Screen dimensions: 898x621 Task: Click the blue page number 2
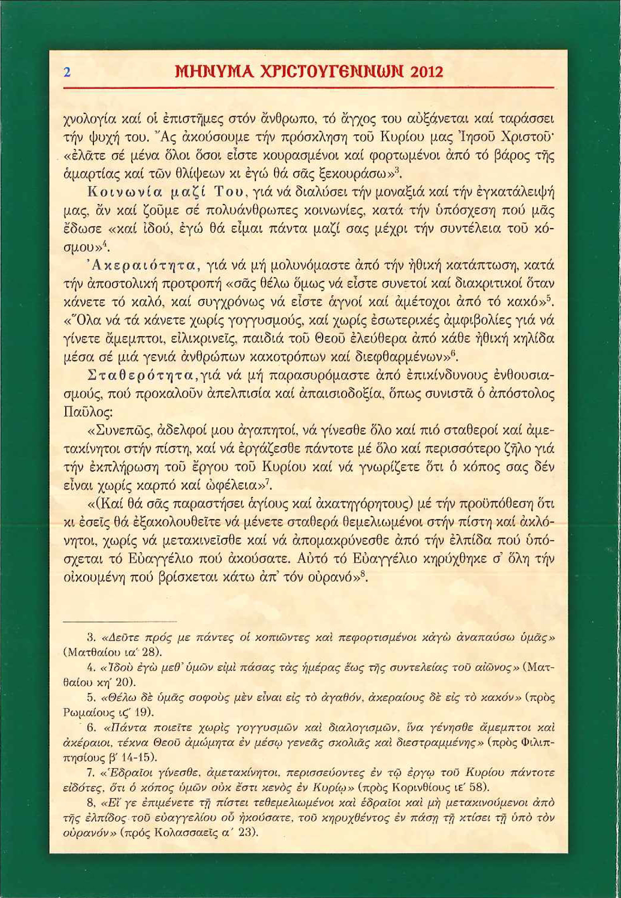[67, 72]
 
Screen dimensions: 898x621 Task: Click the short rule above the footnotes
[120, 621]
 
